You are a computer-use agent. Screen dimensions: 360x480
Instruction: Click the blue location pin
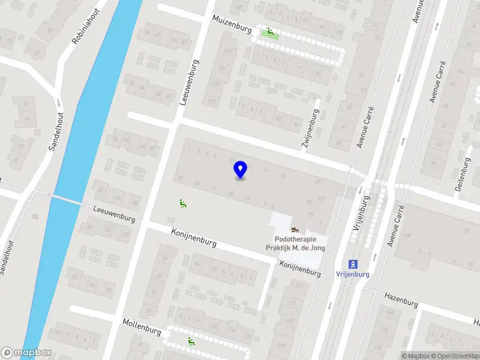pyautogui.click(x=241, y=170)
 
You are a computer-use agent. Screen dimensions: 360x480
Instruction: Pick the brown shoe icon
pyautogui.click(x=295, y=229)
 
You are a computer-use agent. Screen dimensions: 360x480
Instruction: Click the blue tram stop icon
pyautogui.click(x=353, y=263)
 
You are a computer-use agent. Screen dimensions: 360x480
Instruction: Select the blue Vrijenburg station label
pyautogui.click(x=353, y=275)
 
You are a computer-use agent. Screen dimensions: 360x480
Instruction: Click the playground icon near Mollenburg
pyautogui.click(x=191, y=341)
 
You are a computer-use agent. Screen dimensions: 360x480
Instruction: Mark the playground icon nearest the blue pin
pyautogui.click(x=182, y=203)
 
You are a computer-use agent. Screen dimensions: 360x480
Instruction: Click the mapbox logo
pyautogui.click(x=26, y=353)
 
